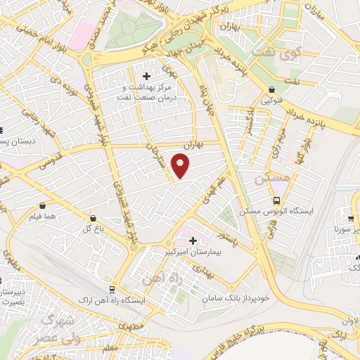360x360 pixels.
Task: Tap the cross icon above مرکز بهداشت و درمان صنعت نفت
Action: point(146,76)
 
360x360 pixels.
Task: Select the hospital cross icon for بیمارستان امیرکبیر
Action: point(193,241)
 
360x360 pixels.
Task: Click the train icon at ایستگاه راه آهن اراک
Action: point(112,290)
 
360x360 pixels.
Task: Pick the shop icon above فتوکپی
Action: point(271,90)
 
